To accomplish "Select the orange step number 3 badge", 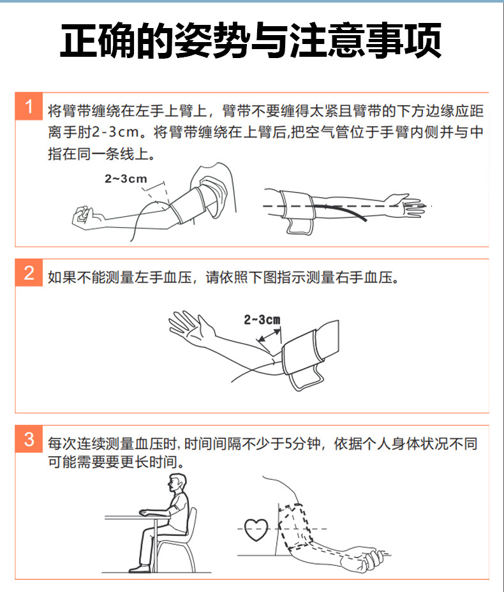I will (x=29, y=440).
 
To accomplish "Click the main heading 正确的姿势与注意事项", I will (x=251, y=42).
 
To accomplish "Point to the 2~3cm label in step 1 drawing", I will (x=126, y=179).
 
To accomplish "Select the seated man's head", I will (x=177, y=485).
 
